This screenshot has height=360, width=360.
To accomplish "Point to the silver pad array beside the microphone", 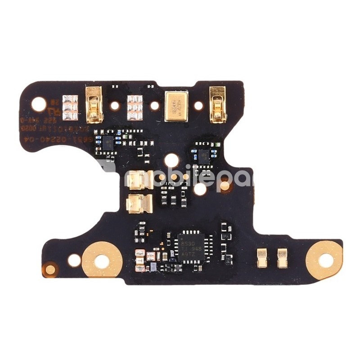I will pos(135,108).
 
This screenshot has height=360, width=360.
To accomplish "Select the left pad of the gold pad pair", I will pos(261,258).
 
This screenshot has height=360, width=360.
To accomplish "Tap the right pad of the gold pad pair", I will pos(282,258).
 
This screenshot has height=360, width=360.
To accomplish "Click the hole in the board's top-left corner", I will pos(39,104).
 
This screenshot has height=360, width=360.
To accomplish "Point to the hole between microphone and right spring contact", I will pos(198,106).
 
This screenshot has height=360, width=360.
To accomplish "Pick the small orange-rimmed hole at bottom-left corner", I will pos(50,270).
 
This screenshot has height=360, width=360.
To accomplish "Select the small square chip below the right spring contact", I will pos(204,156).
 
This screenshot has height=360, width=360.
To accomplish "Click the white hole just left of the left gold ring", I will pos(74,260).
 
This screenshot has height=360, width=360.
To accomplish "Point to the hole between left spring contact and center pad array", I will pos(115,106).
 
